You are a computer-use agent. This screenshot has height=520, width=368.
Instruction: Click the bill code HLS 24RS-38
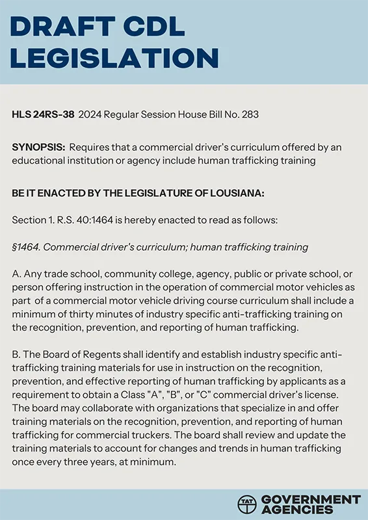pos(42,115)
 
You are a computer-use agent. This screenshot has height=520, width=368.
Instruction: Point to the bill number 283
pos(250,115)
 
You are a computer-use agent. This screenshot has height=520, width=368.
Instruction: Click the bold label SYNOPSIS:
pos(38,148)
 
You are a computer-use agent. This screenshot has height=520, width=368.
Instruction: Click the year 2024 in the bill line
pos(90,115)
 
